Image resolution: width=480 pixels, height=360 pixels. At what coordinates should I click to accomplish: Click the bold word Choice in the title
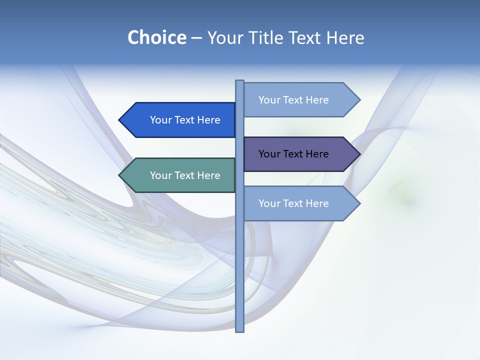156,37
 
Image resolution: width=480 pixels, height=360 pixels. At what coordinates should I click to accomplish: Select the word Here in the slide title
345,37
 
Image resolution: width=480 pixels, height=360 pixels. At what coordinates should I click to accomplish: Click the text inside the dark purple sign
293,154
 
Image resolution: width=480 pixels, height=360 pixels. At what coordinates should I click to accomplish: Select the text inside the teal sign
185,175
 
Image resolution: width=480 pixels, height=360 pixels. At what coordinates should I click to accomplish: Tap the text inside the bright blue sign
185,120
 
